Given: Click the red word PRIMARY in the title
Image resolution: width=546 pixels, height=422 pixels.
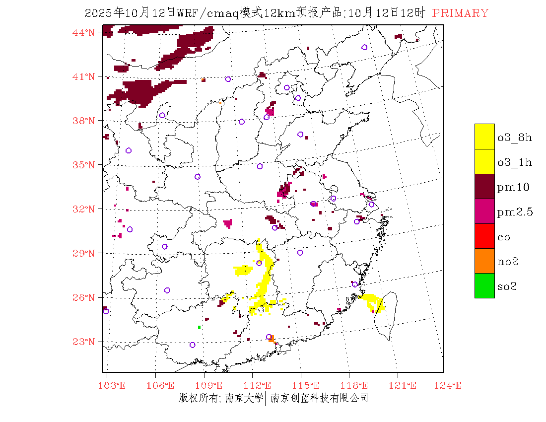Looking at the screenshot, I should tap(460, 13).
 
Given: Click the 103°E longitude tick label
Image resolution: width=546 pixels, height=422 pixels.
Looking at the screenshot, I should tap(112, 386).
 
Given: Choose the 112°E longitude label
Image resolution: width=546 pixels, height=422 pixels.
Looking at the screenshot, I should tap(260, 386).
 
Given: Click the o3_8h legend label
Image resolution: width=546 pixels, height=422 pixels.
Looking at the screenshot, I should tap(515, 138).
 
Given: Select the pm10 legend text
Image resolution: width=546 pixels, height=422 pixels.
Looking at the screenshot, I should tap(513, 187).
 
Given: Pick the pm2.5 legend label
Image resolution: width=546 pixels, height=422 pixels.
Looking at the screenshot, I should tap(515, 212).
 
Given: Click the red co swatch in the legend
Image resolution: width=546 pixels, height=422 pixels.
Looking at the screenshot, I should tap(484, 236).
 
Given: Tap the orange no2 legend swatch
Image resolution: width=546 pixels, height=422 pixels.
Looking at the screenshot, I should tap(484, 261).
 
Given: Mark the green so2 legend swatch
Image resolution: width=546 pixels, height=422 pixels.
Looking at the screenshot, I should tap(484, 285).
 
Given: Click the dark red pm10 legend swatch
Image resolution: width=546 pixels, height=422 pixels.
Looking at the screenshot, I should tap(484, 186).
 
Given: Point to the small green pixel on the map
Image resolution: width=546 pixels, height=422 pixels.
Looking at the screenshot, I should tap(199, 327).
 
